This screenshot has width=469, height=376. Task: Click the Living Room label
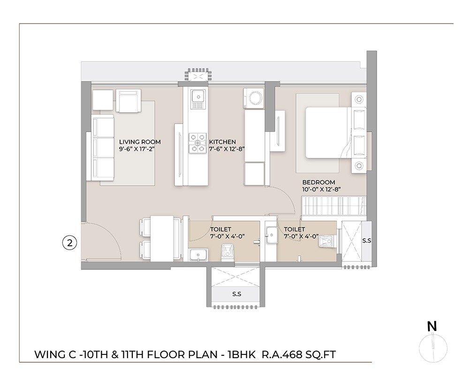140,141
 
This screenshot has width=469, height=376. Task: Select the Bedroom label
318,182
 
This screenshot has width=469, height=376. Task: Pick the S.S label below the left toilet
236,294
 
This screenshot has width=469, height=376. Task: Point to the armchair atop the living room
129,101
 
